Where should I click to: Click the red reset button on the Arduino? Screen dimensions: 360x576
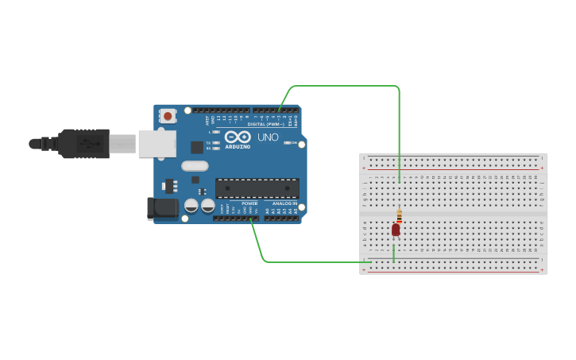point(167,116)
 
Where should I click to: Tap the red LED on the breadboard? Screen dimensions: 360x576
point(396,230)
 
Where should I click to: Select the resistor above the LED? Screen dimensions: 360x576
point(399,215)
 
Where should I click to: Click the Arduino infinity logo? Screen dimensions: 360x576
point(238,137)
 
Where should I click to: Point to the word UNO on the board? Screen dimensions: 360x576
point(268,137)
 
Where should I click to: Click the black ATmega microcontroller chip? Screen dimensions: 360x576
point(257,188)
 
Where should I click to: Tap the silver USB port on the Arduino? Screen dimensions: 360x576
point(157,144)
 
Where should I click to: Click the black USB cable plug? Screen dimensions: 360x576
point(83,144)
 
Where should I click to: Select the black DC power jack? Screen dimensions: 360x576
point(162,208)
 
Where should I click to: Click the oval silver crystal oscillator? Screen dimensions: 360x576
point(195,166)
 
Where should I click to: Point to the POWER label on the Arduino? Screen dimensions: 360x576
point(249,203)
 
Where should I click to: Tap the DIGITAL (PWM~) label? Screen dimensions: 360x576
point(265,124)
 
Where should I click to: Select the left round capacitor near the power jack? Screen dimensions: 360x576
point(191,205)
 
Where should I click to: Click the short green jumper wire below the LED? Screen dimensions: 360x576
point(393,254)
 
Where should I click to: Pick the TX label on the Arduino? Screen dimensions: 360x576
point(208,143)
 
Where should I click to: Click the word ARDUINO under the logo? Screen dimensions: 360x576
point(238,147)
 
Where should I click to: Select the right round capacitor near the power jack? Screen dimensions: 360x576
point(208,205)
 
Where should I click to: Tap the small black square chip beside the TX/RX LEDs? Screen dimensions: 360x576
point(196,147)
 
